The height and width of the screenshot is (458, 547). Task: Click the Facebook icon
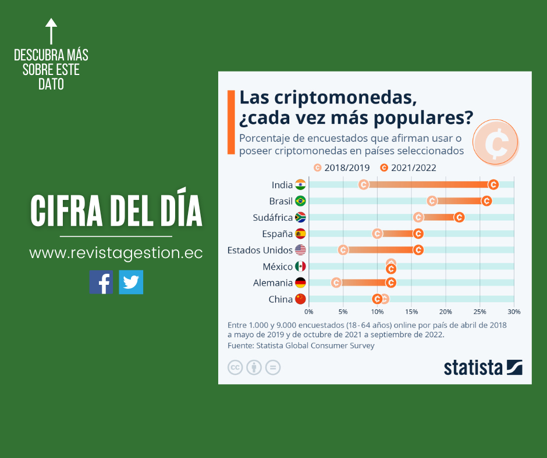tap(101, 282)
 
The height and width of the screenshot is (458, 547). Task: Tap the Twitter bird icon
tap(131, 282)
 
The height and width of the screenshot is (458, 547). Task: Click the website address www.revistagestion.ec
tap(116, 253)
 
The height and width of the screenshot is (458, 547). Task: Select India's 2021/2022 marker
tap(493, 185)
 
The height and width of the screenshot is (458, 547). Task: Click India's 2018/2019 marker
tap(364, 185)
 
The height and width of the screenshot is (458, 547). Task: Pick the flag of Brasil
tap(300, 201)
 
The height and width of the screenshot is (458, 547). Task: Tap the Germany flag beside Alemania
tap(300, 283)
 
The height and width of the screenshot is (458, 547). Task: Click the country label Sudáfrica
tap(272, 217)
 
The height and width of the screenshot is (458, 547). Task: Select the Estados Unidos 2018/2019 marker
tap(343, 250)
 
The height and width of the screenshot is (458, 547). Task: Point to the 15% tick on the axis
tap(411, 312)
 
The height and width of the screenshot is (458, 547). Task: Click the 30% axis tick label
tap(514, 312)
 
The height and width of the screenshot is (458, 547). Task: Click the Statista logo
tap(483, 368)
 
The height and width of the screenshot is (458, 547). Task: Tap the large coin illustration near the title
tap(495, 142)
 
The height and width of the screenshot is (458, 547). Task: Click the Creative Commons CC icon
tap(235, 367)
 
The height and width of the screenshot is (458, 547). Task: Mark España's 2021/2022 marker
tap(418, 234)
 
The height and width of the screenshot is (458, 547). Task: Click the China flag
tap(300, 299)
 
